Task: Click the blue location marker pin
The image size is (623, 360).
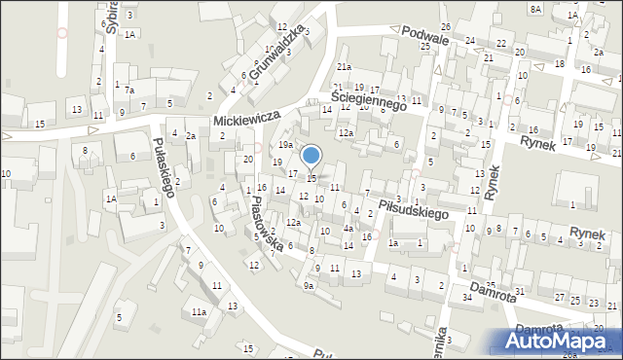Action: click(311, 156)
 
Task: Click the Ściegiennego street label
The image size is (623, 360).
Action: click(367, 98)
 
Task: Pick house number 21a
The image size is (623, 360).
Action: click(344, 66)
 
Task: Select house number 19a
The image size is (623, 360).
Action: click(285, 144)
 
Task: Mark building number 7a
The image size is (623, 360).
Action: click(128, 90)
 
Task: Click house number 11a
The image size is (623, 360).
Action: click(199, 311)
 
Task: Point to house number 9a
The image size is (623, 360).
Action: click(309, 286)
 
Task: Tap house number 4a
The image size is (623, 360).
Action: click(348, 230)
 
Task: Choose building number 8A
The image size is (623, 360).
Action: click(536, 8)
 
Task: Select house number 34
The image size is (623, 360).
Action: click(467, 296)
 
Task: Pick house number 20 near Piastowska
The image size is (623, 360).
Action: click(248, 159)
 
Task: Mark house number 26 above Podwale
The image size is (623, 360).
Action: click(445, 25)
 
